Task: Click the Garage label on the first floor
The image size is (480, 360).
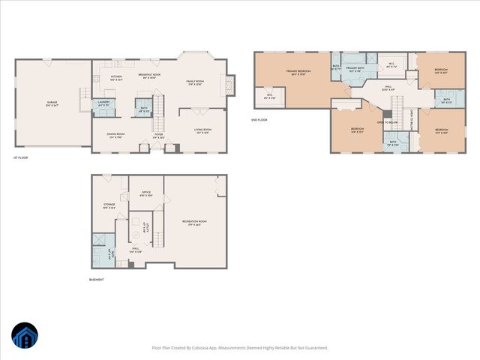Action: [x=51, y=103]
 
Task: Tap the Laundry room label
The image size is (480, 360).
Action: [x=104, y=103]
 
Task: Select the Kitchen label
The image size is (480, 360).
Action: [x=116, y=76]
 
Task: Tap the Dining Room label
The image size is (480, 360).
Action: [x=115, y=135]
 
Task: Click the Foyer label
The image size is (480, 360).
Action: [x=159, y=136]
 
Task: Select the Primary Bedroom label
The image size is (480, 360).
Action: [x=298, y=72]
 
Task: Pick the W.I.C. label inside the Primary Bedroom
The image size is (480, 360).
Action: [x=268, y=95]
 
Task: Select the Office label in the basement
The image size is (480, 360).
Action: [x=146, y=192]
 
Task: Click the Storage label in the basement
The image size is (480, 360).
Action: [x=109, y=205]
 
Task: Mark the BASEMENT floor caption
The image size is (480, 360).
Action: [x=96, y=280]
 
